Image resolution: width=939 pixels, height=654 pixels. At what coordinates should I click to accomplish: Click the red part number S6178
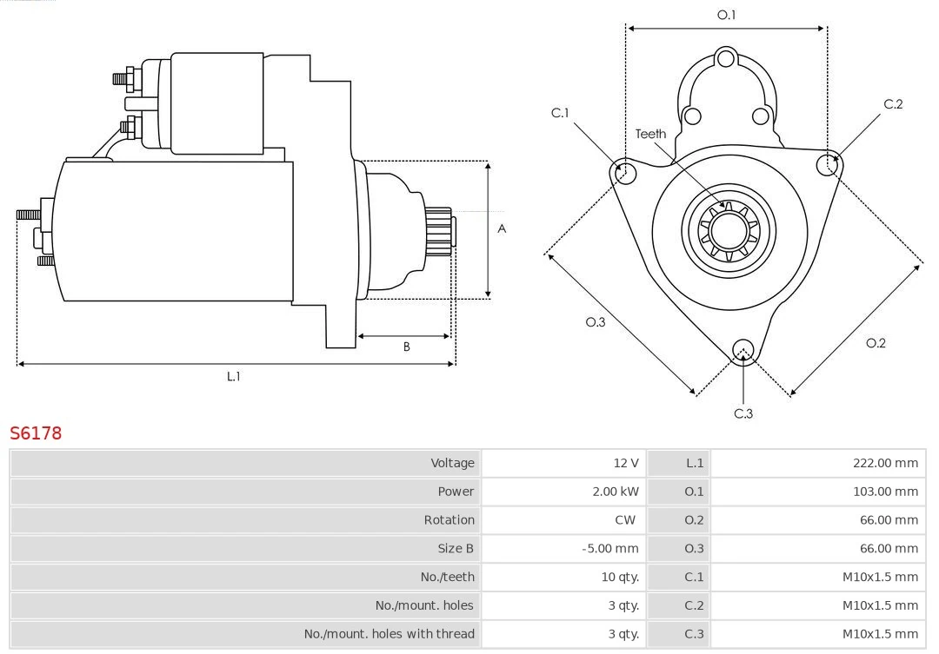[36, 433]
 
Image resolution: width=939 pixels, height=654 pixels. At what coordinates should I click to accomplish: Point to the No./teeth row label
[448, 577]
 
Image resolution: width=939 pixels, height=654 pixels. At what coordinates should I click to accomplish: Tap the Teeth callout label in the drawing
[650, 134]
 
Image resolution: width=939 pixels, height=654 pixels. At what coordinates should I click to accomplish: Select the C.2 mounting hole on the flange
[828, 164]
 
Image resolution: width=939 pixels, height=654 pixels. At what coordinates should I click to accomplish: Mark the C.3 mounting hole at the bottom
[743, 350]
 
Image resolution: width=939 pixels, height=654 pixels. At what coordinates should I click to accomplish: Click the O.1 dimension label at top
[726, 15]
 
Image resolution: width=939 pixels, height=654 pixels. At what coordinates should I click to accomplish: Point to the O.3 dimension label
[595, 322]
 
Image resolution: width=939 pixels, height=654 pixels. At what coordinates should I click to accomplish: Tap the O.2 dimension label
[876, 343]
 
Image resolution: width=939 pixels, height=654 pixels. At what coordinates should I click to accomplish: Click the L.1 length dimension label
[233, 376]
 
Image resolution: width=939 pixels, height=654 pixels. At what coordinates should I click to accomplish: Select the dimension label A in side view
[502, 229]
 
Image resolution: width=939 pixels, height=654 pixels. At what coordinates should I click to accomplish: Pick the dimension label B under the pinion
[406, 347]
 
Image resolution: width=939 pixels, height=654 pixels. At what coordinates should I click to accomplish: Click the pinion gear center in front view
[729, 231]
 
